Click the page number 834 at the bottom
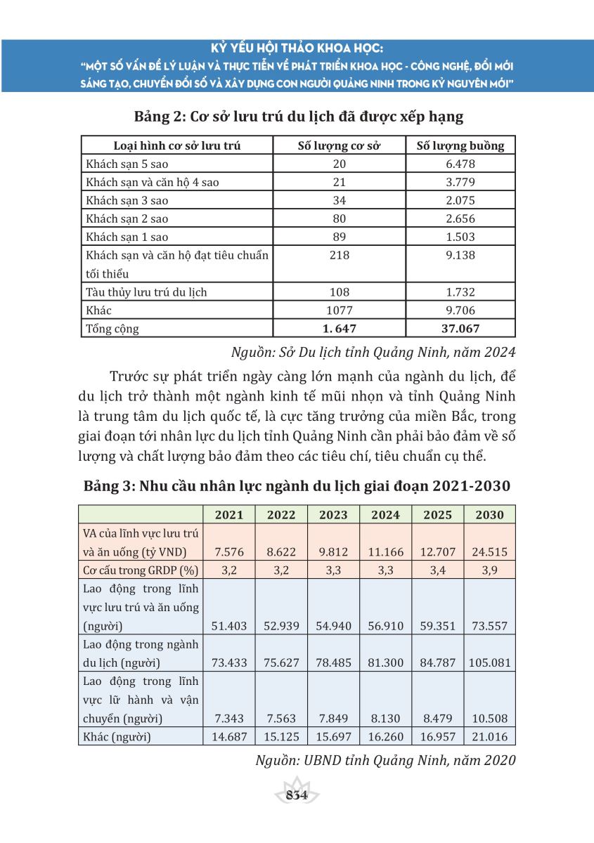point(296,795)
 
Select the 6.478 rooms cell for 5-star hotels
point(460,164)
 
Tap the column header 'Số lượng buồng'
point(460,146)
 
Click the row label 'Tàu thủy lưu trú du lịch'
point(146,292)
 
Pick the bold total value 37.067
point(460,328)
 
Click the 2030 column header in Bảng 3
point(489,514)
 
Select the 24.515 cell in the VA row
point(489,552)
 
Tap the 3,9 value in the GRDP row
point(489,570)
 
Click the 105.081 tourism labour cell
point(489,662)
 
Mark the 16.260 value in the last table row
point(385,736)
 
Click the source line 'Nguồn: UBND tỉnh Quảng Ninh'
point(373,760)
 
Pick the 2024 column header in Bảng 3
point(385,514)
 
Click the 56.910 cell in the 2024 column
point(385,625)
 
